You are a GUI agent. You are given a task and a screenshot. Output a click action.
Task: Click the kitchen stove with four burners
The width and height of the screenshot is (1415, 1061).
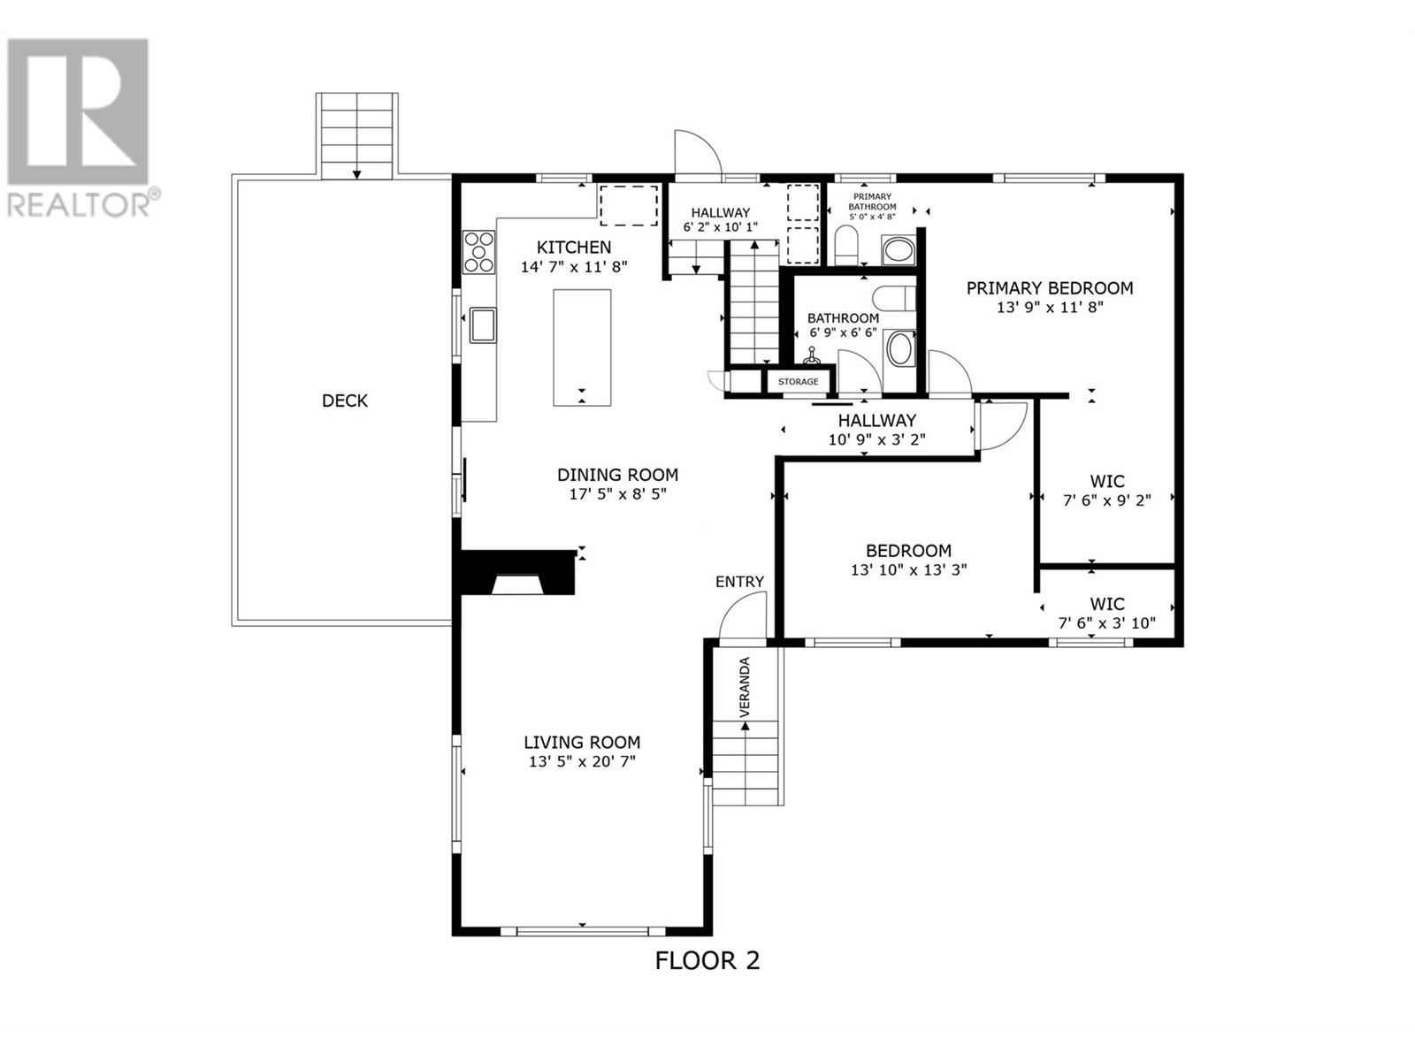point(479,252)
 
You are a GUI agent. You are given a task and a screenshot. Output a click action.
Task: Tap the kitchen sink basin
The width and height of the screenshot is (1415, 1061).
point(482,324)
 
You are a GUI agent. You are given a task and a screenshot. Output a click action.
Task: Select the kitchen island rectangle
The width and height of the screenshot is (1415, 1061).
point(582,347)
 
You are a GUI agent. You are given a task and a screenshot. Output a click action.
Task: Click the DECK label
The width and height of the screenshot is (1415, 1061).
point(345,401)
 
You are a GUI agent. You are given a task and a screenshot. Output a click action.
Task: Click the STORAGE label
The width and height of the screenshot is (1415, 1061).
point(798,381)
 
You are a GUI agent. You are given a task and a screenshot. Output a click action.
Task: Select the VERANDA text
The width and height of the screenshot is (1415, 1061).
point(745,687)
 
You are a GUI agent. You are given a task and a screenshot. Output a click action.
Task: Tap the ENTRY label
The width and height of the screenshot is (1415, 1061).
point(739,582)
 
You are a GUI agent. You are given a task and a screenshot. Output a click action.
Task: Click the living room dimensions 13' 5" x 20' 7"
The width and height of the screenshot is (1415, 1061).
point(582,761)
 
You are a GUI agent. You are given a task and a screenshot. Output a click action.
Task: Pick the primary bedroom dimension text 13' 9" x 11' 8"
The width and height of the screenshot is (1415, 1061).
point(1050,308)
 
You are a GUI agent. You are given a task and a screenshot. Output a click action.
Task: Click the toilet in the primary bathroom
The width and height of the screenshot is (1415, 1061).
point(846,248)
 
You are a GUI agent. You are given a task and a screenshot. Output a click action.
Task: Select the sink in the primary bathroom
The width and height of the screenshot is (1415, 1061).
point(898,250)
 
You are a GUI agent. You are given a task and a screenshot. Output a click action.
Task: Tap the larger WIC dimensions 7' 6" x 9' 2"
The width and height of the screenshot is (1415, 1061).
point(1107,500)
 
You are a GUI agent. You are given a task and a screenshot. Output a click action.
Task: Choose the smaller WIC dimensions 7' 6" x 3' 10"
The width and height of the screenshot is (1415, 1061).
point(1107,623)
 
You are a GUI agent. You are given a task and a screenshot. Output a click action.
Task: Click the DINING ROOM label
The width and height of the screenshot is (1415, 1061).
point(617,475)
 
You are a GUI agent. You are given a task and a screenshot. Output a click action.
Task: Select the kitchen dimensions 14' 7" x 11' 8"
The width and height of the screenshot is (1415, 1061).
point(574,267)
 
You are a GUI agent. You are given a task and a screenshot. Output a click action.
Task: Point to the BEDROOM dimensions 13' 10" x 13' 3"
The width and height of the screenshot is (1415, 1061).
point(909,569)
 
